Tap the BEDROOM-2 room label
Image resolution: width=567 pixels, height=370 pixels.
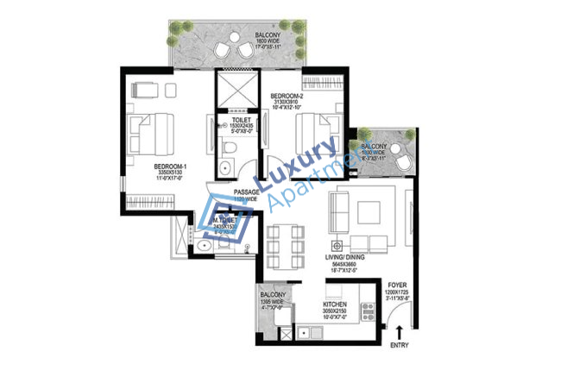tap(284, 95)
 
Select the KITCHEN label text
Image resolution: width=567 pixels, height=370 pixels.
tap(335, 305)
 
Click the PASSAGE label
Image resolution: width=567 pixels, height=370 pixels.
tap(246, 192)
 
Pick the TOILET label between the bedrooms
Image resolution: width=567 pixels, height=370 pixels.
tap(229, 121)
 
